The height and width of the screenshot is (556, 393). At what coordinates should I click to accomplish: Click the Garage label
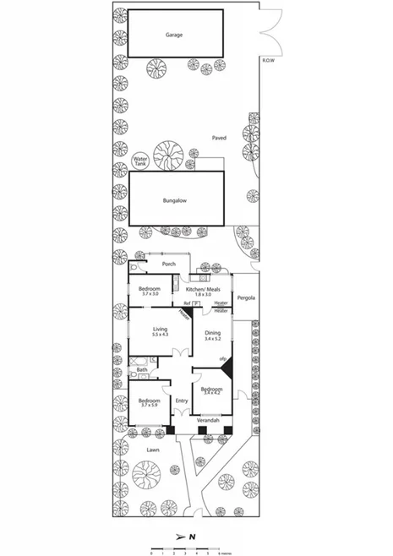(x=174, y=35)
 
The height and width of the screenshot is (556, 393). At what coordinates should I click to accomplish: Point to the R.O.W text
(x=269, y=62)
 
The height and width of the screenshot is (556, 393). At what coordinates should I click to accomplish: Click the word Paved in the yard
(x=219, y=137)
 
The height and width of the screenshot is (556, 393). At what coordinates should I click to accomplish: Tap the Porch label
(x=168, y=264)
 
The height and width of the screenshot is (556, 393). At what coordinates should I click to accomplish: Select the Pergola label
(x=246, y=297)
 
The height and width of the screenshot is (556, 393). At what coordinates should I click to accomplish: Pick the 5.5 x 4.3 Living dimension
(x=159, y=335)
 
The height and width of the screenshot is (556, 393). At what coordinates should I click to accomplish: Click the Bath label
(x=142, y=369)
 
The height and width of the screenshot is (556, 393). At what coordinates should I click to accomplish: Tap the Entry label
(x=181, y=401)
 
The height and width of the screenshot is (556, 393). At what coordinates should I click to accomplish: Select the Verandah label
(x=209, y=420)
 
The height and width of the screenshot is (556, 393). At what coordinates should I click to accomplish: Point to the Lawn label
(x=152, y=450)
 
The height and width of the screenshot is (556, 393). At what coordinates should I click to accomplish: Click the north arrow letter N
(x=192, y=537)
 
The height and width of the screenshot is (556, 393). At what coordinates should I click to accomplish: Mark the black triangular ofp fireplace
(x=226, y=370)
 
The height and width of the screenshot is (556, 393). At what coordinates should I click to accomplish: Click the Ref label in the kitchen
(x=187, y=303)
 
